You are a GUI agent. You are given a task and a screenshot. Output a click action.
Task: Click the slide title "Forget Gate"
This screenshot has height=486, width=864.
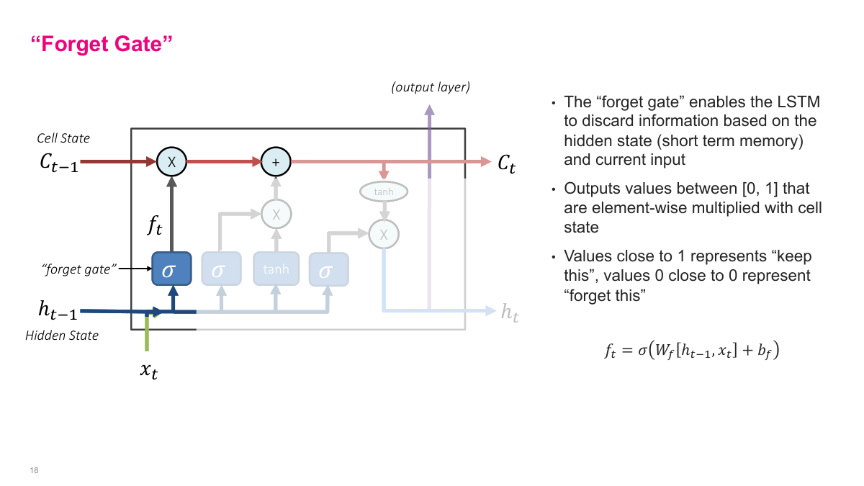pyautogui.click(x=102, y=43)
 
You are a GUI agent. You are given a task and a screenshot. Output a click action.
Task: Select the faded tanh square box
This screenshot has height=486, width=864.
pyautogui.click(x=276, y=270)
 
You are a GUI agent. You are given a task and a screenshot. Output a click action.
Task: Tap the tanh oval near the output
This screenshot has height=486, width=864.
pyautogui.click(x=383, y=192)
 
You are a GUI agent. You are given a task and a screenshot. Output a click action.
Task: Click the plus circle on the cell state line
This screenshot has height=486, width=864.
pyautogui.click(x=275, y=162)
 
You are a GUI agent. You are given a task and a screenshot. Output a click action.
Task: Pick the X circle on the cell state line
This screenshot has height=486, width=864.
pyautogui.click(x=171, y=162)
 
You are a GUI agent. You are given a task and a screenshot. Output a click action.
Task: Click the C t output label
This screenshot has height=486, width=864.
pyautogui.click(x=507, y=163)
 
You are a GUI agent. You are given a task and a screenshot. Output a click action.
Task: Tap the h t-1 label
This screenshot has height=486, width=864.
pyautogui.click(x=57, y=311)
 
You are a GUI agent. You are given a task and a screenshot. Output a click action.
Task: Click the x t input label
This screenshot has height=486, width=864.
pyautogui.click(x=148, y=372)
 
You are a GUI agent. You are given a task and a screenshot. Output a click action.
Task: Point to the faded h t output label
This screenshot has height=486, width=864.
pyautogui.click(x=509, y=312)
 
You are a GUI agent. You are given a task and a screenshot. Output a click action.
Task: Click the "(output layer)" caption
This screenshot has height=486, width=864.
pyautogui.click(x=431, y=88)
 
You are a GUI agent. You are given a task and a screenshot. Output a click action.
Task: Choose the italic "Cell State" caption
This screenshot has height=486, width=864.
pyautogui.click(x=63, y=138)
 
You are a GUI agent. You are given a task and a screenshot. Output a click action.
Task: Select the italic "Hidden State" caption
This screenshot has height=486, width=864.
pyautogui.click(x=62, y=336)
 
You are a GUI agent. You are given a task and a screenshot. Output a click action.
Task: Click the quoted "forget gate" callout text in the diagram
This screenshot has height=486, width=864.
pyautogui.click(x=78, y=269)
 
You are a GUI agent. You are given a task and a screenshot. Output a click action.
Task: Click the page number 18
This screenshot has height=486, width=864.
pyautogui.click(x=34, y=470)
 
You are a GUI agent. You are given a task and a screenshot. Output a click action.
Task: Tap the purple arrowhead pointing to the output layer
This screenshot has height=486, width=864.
pyautogui.click(x=430, y=109)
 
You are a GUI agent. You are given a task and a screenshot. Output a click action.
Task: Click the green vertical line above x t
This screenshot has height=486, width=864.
pyautogui.click(x=147, y=334)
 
